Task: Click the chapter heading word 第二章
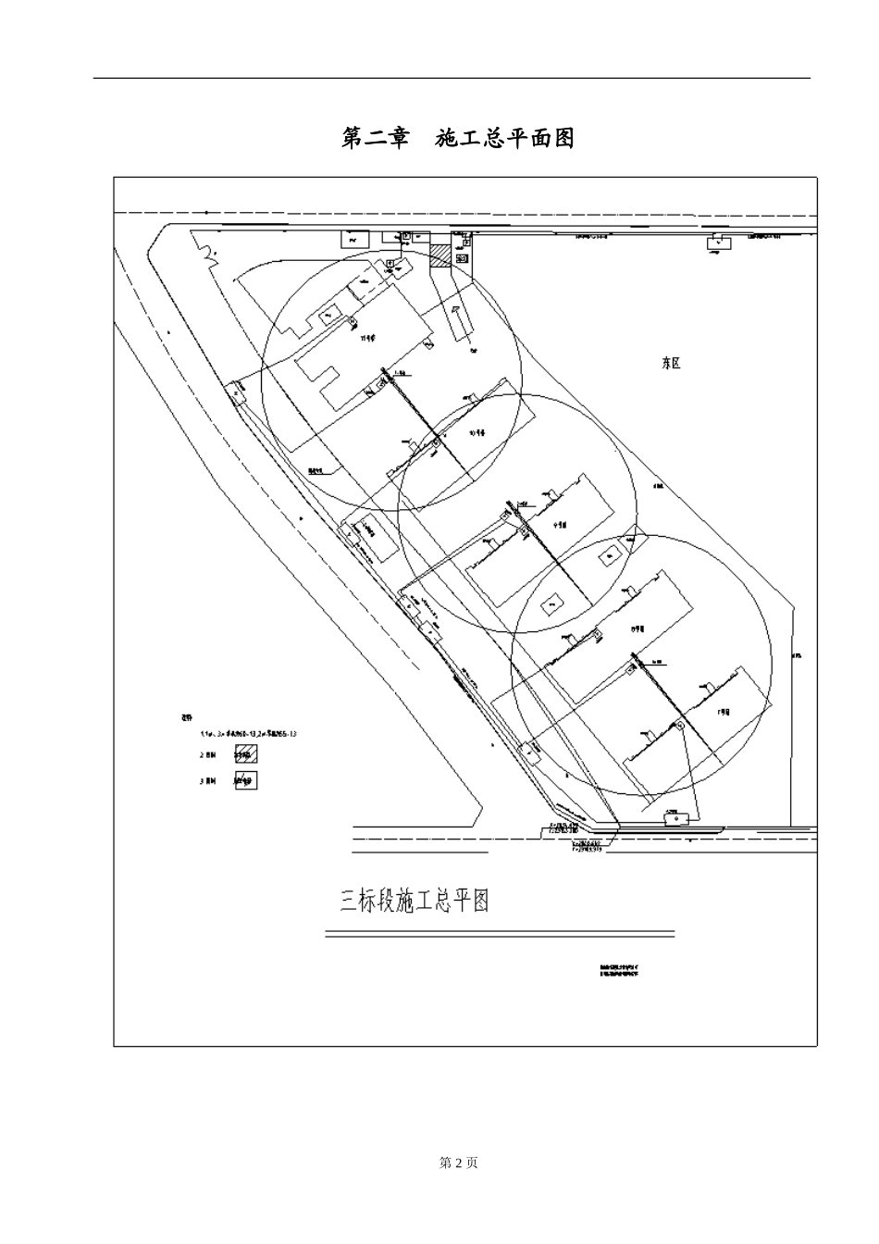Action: (x=375, y=139)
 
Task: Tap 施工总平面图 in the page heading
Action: (x=505, y=139)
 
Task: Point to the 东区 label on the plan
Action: (x=671, y=364)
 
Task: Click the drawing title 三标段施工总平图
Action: (x=415, y=901)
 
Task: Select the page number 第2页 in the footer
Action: (x=458, y=1163)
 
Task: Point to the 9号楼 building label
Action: (x=560, y=524)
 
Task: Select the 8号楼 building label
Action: (x=637, y=628)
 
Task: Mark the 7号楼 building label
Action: (x=724, y=713)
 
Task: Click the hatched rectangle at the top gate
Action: (x=440, y=255)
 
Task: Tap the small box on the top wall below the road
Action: (x=716, y=243)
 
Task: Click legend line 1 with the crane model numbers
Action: (x=248, y=733)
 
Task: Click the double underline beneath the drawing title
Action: (x=500, y=934)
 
